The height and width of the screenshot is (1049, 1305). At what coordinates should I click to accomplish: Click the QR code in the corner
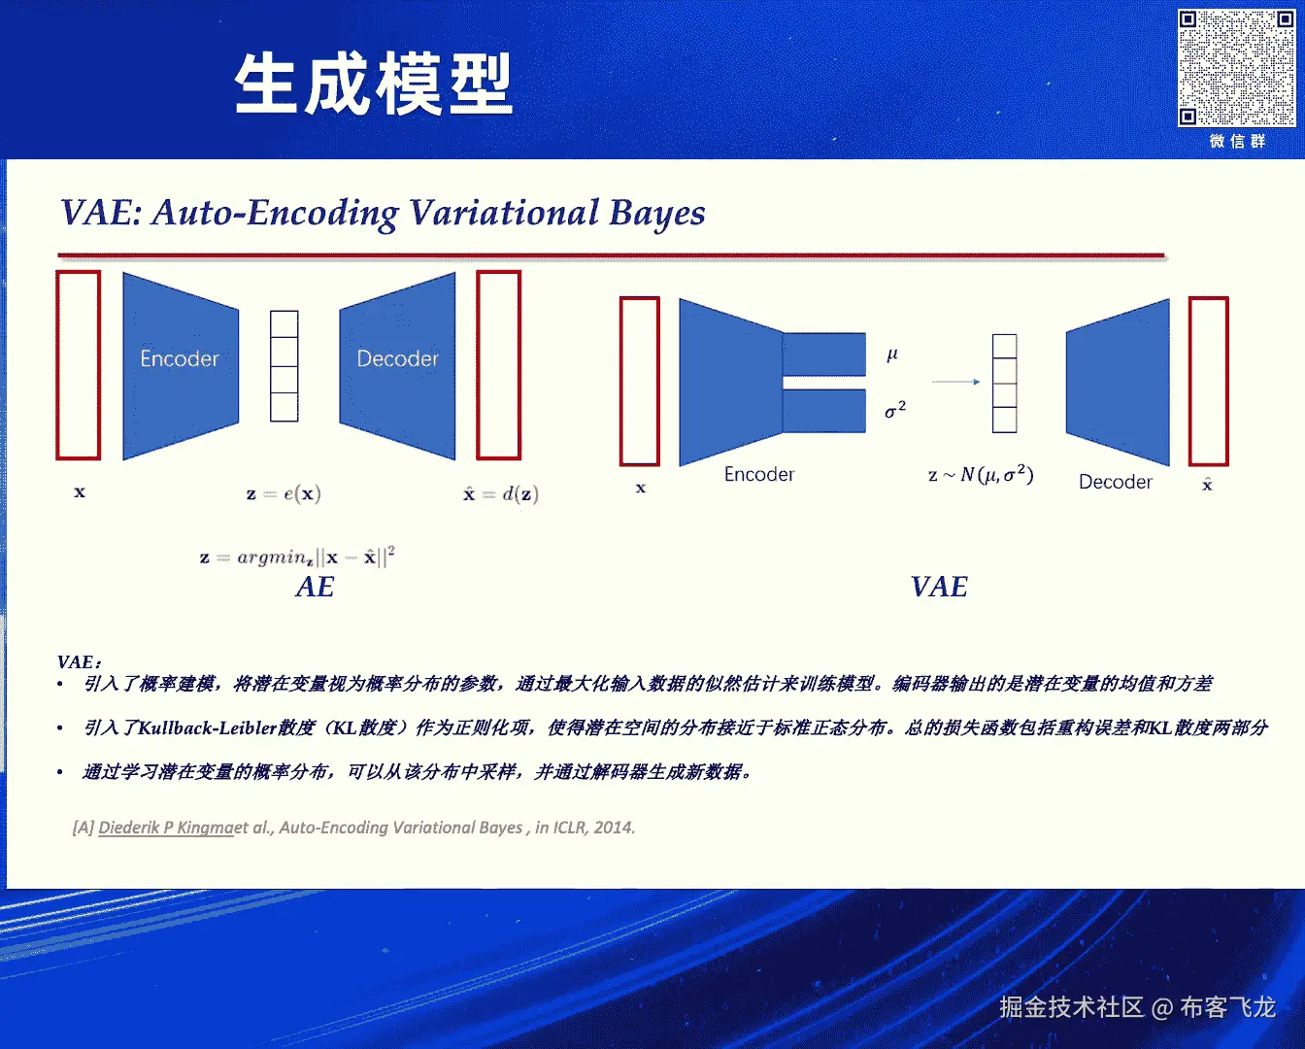1236,68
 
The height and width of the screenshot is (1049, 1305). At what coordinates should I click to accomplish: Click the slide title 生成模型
374,85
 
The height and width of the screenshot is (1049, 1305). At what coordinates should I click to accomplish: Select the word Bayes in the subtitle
657,213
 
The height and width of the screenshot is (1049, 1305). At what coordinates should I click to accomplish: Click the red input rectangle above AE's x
79,365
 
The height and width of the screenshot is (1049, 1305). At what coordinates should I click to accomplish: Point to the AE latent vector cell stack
284,366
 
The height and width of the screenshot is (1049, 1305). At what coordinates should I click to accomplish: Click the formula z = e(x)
284,493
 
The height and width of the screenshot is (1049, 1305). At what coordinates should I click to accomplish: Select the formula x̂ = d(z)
501,493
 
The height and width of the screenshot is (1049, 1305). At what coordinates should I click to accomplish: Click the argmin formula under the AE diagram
297,557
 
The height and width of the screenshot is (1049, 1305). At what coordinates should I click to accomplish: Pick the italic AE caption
315,587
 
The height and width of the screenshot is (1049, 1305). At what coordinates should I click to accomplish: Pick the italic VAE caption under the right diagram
939,587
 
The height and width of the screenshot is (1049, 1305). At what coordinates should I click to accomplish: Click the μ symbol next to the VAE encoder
892,355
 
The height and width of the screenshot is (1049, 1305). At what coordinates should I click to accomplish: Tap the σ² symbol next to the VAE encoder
895,410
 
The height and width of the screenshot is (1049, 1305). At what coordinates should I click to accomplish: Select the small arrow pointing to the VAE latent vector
956,382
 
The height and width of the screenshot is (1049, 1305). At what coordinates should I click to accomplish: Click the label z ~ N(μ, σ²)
981,475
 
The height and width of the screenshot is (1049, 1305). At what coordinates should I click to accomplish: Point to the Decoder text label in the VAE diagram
1116,482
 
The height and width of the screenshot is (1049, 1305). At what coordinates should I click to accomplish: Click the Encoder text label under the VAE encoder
759,474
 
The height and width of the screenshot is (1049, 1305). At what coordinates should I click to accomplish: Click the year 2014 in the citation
614,828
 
